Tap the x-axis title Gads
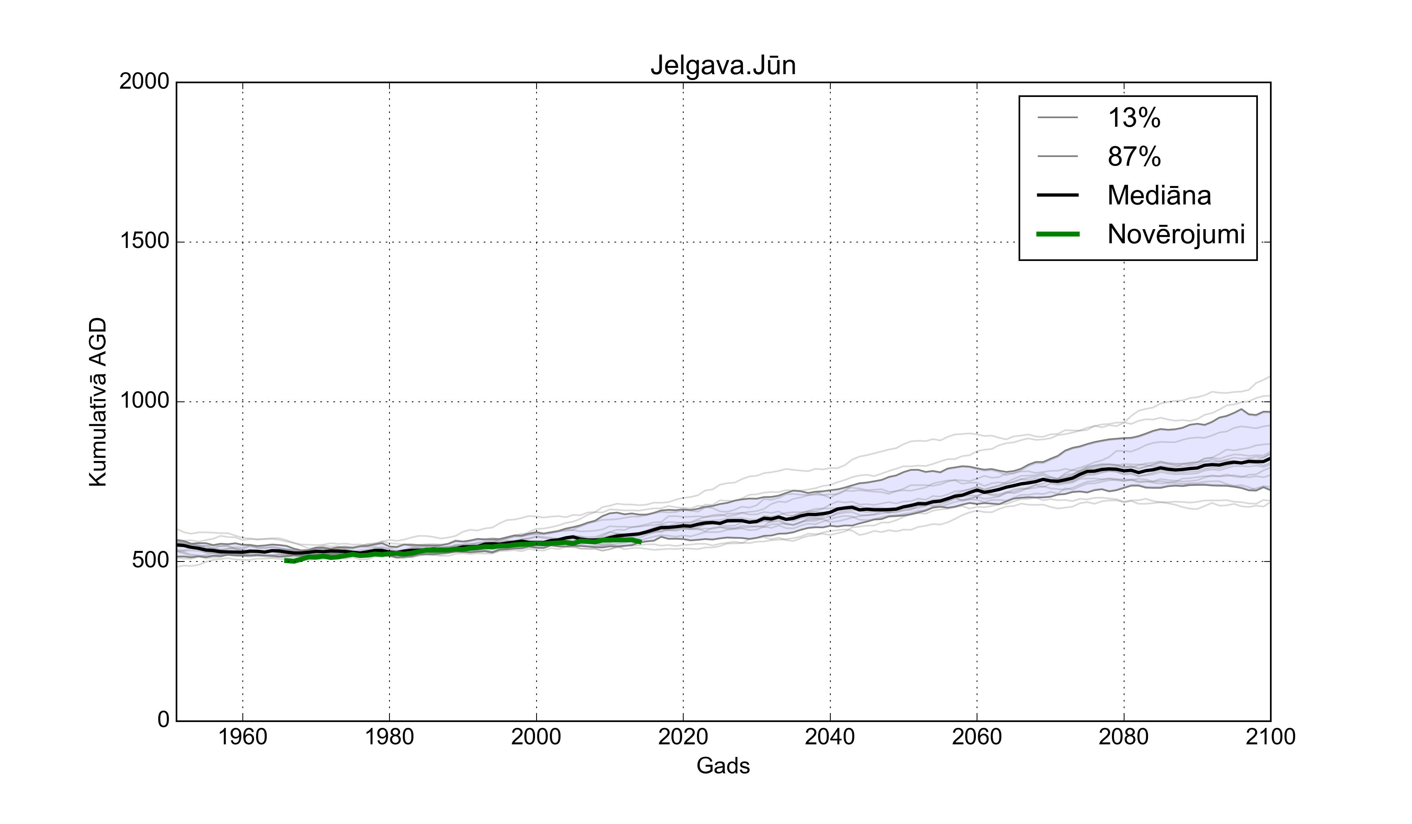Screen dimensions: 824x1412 (723, 766)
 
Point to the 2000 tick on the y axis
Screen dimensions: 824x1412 (144, 82)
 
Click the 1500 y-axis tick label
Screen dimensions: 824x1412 (144, 242)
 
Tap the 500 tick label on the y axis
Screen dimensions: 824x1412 (150, 561)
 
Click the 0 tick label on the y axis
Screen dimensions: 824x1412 (163, 720)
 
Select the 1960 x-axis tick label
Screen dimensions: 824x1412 (243, 737)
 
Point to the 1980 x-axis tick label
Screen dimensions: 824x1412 (389, 737)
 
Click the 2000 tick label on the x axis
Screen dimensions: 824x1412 (536, 737)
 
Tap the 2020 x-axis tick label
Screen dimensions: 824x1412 (683, 737)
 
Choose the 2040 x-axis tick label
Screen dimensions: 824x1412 (830, 737)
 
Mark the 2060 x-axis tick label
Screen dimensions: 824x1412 (977, 737)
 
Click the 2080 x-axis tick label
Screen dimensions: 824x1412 (1123, 737)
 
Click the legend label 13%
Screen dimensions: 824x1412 (1134, 118)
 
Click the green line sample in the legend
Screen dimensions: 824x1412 (1058, 234)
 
